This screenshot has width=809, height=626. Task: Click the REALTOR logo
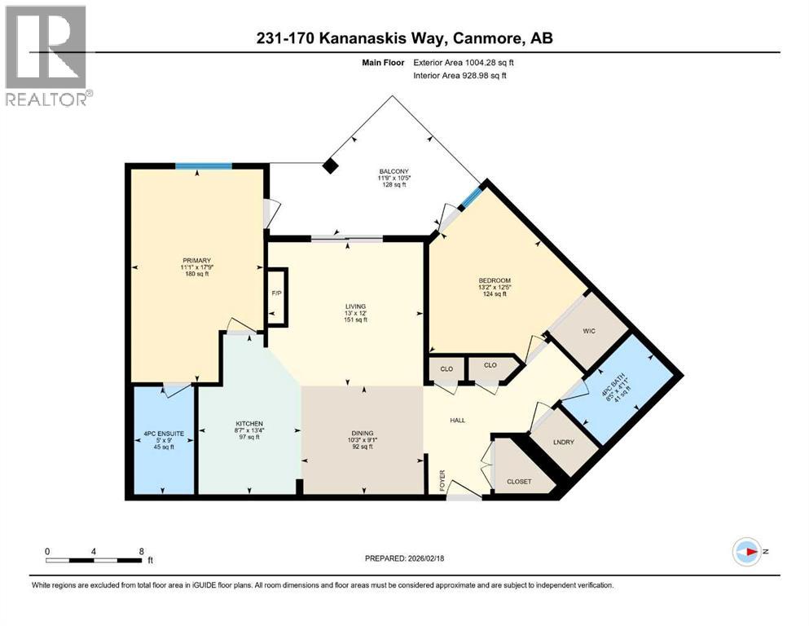pyautogui.click(x=47, y=55)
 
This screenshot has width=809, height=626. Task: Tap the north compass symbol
pyautogui.click(x=746, y=551)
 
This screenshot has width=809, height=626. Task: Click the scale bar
pyautogui.click(x=96, y=560)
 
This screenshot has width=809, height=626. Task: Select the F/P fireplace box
pyautogui.click(x=276, y=294)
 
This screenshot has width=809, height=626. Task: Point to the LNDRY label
pyautogui.click(x=564, y=442)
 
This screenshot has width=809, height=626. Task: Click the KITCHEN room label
pyautogui.click(x=249, y=424)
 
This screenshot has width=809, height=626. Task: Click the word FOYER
pyautogui.click(x=443, y=476)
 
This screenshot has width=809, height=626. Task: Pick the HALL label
pyautogui.click(x=458, y=420)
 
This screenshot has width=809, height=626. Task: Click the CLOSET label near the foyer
pyautogui.click(x=519, y=481)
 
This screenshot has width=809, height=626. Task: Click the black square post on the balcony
pyautogui.click(x=330, y=166)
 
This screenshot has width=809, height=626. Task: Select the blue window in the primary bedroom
pyautogui.click(x=203, y=167)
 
